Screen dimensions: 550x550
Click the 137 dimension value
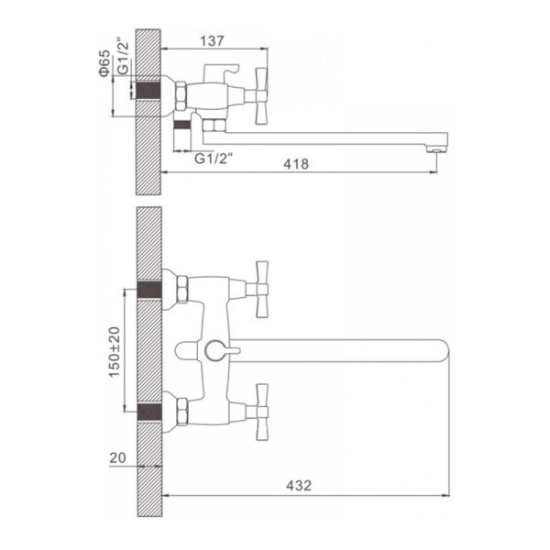click(212, 41)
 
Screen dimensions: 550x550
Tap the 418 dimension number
click(296, 164)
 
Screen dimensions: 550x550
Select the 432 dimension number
click(299, 486)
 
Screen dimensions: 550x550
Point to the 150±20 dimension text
click(115, 352)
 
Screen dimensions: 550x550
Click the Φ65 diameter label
click(104, 63)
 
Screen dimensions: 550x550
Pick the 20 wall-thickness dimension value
click(117, 457)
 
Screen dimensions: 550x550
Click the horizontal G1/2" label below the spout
click(214, 159)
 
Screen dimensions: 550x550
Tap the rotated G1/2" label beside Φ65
click(123, 58)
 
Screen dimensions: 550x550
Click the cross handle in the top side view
click(261, 96)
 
